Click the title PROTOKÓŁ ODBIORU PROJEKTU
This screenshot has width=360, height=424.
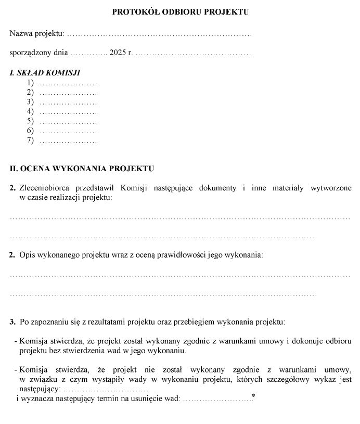pos(180,11)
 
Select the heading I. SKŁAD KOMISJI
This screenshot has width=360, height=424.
pos(45,73)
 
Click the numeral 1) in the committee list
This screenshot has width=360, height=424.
pos(30,83)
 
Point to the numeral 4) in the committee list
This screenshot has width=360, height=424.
pos(30,111)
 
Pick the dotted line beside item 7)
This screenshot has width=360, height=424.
pos(68,141)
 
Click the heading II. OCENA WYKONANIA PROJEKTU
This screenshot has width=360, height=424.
pos(82,169)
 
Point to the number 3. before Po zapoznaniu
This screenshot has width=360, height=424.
pos(12,323)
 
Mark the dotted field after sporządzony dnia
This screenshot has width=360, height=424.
pos(88,54)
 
